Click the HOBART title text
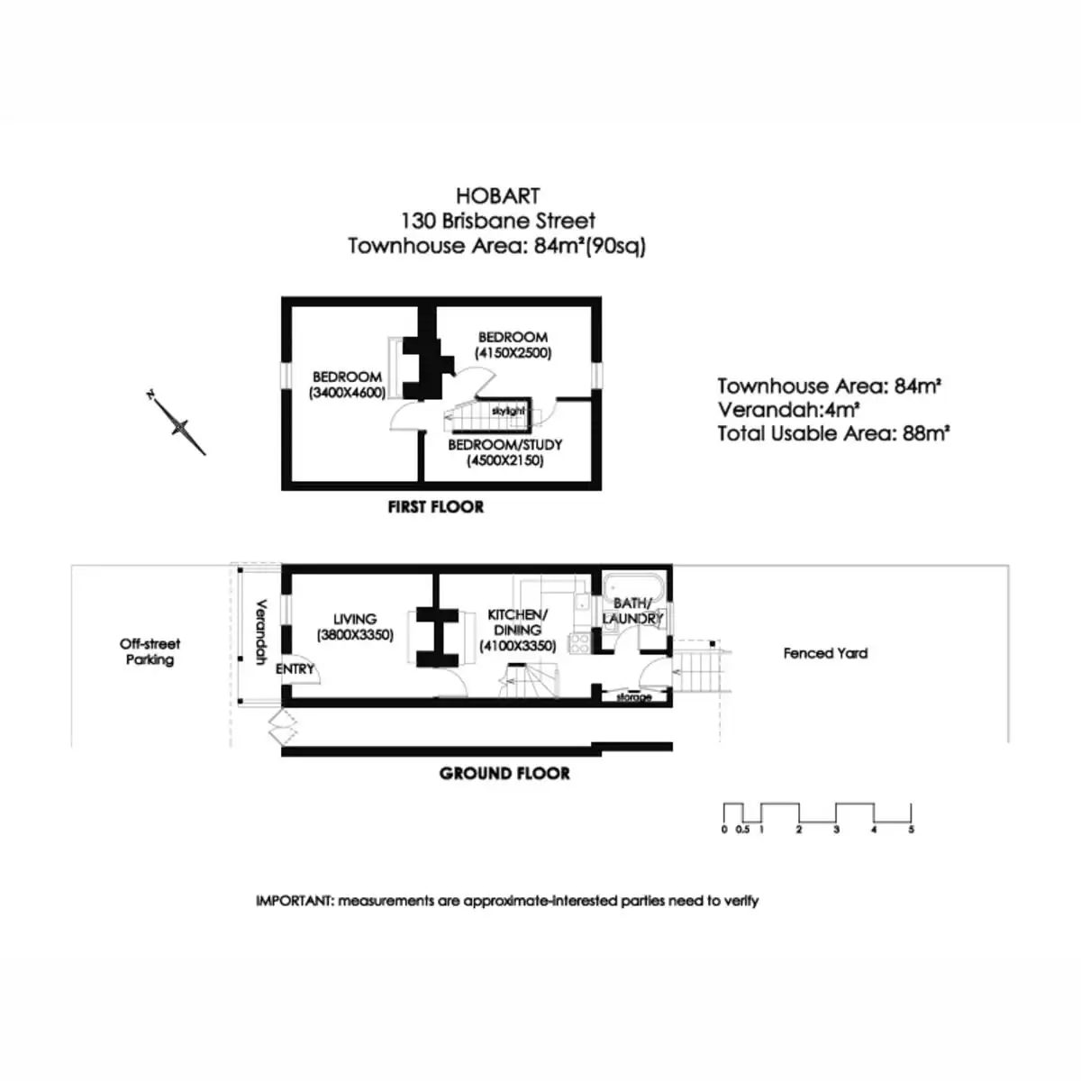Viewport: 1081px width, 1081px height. tap(497, 195)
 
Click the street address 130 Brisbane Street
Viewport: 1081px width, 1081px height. tap(497, 221)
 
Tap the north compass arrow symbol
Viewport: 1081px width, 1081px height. tap(177, 422)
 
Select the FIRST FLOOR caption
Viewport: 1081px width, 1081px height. tap(435, 507)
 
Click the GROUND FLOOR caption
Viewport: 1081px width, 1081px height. tap(504, 774)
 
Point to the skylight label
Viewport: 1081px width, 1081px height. tap(508, 411)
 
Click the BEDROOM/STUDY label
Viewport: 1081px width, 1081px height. tap(504, 445)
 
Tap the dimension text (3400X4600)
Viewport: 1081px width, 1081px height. tap(347, 393)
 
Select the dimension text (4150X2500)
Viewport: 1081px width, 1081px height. tap(513, 353)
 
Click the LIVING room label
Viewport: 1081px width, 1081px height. tap(355, 619)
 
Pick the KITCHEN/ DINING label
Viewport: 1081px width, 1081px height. tap(517, 622)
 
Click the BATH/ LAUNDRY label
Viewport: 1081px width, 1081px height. tap(632, 611)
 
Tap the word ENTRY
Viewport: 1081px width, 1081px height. tap(295, 669)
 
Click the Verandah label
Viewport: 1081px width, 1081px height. tap(261, 632)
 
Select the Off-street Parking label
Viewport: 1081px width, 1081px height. tap(150, 652)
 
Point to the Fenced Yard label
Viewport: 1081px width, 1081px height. tap(825, 653)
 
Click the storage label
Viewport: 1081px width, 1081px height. tap(634, 697)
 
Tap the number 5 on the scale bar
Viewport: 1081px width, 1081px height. tap(911, 830)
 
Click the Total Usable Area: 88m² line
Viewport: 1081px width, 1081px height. tap(833, 433)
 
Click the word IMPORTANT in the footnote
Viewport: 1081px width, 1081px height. tap(294, 901)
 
